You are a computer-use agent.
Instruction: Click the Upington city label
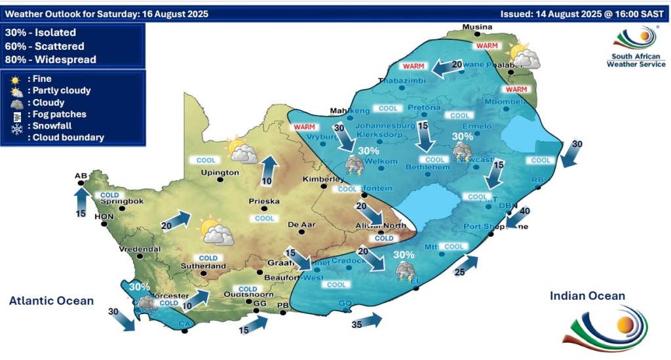click(220, 172)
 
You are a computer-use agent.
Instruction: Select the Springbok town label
click(122, 201)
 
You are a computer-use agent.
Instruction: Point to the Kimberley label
click(322, 179)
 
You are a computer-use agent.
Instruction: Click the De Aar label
click(302, 225)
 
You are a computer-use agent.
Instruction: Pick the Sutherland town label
click(203, 266)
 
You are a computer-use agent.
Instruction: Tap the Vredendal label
click(139, 249)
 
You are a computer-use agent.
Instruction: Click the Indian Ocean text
click(587, 296)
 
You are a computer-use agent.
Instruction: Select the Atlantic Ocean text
click(51, 301)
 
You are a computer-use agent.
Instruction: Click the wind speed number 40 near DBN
click(525, 210)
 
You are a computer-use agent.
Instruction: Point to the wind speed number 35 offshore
click(357, 325)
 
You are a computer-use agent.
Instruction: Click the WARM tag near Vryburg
click(305, 127)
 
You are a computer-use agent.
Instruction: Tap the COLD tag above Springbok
click(109, 195)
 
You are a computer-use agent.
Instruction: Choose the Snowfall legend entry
click(47, 126)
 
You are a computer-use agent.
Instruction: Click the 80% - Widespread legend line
click(50, 60)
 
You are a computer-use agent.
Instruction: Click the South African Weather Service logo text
click(636, 60)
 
